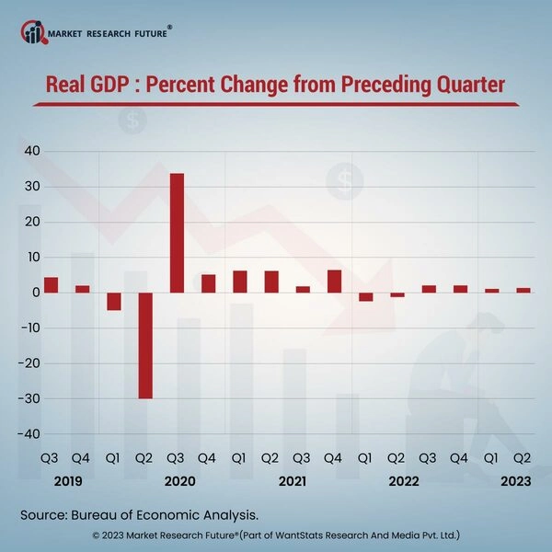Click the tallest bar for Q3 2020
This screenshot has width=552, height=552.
[x=177, y=233]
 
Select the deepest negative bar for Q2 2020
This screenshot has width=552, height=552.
[x=145, y=346]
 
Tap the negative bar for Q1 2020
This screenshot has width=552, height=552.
[x=114, y=302]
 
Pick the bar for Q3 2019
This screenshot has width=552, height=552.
[x=51, y=285]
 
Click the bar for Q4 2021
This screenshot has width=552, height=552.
[x=334, y=282]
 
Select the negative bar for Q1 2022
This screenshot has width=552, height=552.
[x=365, y=296]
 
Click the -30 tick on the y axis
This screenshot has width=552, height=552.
[x=27, y=398]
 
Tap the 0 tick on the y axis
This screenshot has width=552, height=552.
[x=34, y=293]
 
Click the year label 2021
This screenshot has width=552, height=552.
[x=292, y=481]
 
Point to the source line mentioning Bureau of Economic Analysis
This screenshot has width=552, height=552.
[x=138, y=513]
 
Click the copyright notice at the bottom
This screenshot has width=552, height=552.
[x=276, y=535]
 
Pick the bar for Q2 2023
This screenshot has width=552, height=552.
[x=523, y=291]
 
